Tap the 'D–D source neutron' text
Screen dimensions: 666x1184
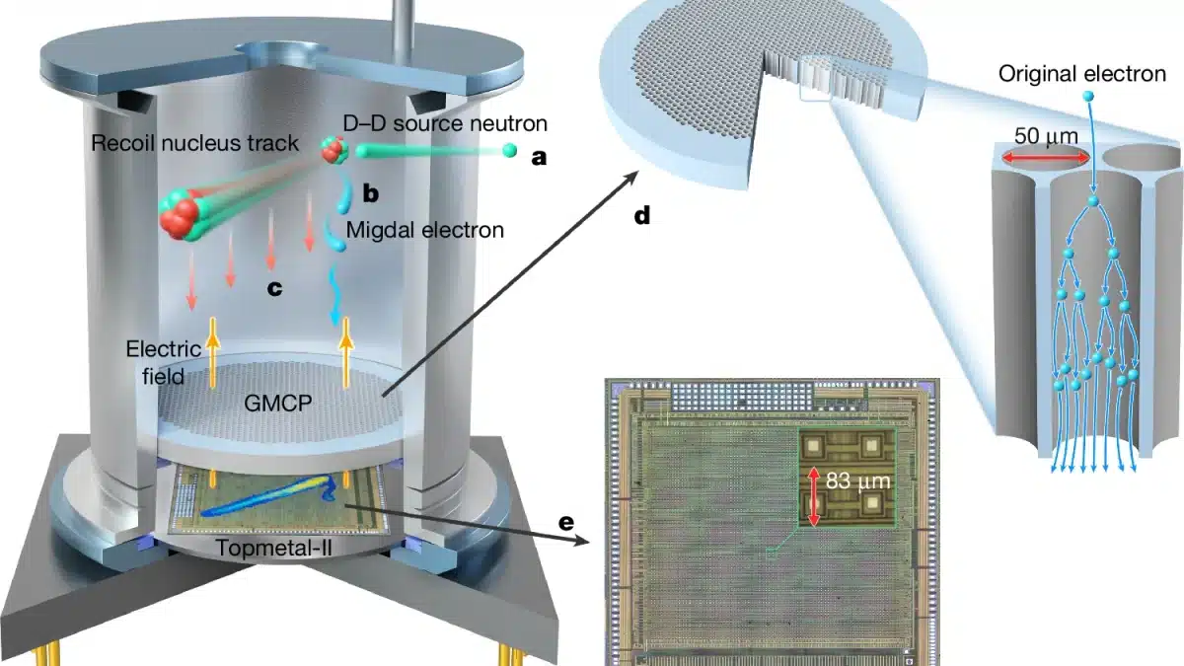click(443, 122)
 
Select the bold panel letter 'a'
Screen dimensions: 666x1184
click(538, 156)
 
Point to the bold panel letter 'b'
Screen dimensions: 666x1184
click(372, 193)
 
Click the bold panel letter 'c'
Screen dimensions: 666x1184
click(275, 288)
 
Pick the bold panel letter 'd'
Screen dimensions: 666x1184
click(642, 214)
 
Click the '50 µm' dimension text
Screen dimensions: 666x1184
click(1046, 133)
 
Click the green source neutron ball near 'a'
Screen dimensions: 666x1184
click(509, 150)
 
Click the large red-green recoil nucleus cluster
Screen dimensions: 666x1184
click(182, 208)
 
